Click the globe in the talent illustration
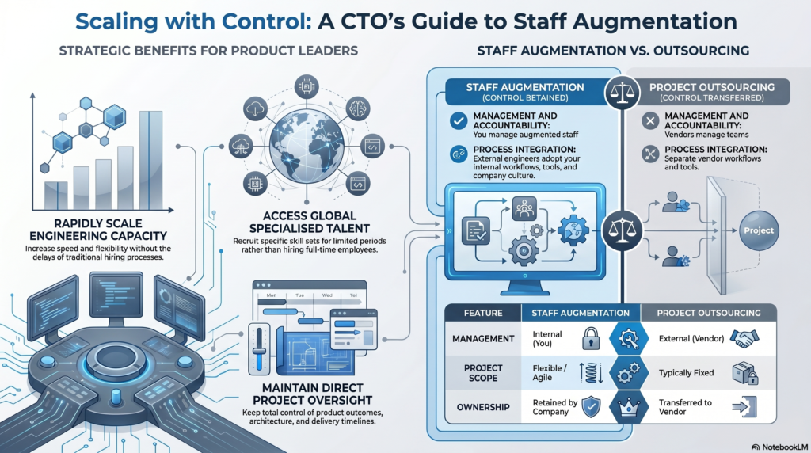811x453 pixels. pyautogui.click(x=307, y=147)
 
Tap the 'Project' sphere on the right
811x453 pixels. pyautogui.click(x=759, y=230)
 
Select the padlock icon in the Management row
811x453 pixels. pyautogui.click(x=591, y=339)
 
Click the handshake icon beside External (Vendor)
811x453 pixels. pyautogui.click(x=744, y=339)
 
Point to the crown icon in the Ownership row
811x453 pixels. pyautogui.click(x=628, y=408)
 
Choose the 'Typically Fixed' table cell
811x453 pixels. pyautogui.click(x=686, y=373)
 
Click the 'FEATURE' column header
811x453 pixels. pyautogui.click(x=483, y=313)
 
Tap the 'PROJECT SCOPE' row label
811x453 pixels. pyautogui.click(x=483, y=373)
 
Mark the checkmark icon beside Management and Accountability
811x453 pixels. pyautogui.click(x=459, y=121)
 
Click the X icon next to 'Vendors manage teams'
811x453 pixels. pyautogui.click(x=650, y=121)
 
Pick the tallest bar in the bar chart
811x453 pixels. pyautogui.click(x=150, y=160)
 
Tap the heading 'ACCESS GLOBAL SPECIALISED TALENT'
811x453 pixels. pyautogui.click(x=310, y=222)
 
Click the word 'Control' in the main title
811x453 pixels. pyautogui.click(x=261, y=21)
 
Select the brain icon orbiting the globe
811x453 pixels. pyautogui.click(x=357, y=108)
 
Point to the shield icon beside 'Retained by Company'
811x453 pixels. pyautogui.click(x=591, y=407)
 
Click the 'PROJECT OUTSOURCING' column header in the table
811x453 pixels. pyautogui.click(x=709, y=313)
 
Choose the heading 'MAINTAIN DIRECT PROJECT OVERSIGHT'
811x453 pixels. pyautogui.click(x=312, y=394)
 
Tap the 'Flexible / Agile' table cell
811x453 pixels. pyautogui.click(x=550, y=373)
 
